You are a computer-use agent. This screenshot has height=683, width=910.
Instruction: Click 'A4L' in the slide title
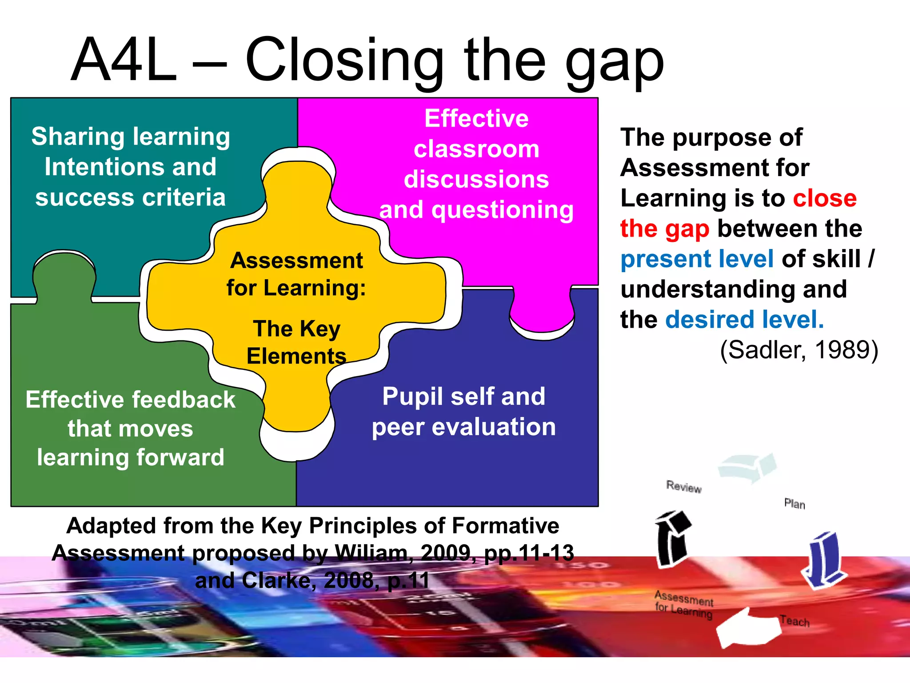tap(124, 60)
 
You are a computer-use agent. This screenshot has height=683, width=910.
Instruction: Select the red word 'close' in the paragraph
tap(825, 198)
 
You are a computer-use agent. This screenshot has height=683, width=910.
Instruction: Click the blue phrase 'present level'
tap(697, 259)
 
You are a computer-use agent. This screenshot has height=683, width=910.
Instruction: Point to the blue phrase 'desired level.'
tap(744, 319)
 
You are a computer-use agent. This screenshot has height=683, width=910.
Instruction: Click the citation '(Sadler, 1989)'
tap(799, 350)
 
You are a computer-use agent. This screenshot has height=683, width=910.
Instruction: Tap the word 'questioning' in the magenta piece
tap(503, 210)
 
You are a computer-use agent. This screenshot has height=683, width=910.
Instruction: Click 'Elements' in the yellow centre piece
tap(296, 356)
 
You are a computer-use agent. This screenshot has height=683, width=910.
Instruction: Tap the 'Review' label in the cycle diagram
tap(684, 487)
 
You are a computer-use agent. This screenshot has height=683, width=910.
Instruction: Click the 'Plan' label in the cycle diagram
tap(794, 504)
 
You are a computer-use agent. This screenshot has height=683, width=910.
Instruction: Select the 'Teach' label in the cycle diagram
tap(794, 621)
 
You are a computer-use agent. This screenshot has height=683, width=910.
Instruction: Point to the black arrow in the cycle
tap(672, 538)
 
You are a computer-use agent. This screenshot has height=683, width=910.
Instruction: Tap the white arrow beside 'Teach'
tap(747, 628)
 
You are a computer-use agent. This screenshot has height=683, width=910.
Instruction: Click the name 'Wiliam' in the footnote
tap(371, 553)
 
